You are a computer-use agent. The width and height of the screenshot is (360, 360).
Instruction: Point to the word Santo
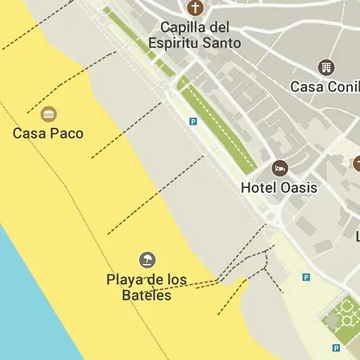point(223,42)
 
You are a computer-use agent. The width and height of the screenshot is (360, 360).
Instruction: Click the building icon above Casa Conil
point(326,67)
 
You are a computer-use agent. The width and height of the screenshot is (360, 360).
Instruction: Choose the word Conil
point(342,86)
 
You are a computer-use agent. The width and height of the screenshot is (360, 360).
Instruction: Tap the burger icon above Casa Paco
point(48,114)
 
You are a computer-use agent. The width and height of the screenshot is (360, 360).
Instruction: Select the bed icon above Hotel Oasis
point(279,168)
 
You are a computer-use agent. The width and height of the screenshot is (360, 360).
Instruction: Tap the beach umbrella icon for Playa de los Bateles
point(147,259)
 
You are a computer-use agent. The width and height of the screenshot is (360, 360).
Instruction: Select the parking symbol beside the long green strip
point(192,122)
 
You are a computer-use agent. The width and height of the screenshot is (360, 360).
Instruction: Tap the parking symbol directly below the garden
point(336,348)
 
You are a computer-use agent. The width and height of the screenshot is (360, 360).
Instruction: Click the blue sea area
point(24,304)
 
